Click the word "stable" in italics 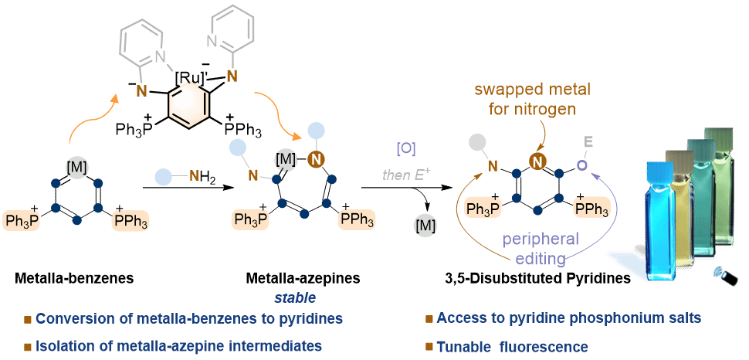click(x=296, y=297)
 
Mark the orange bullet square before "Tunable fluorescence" click(x=429, y=347)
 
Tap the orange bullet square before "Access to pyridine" click(x=429, y=318)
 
